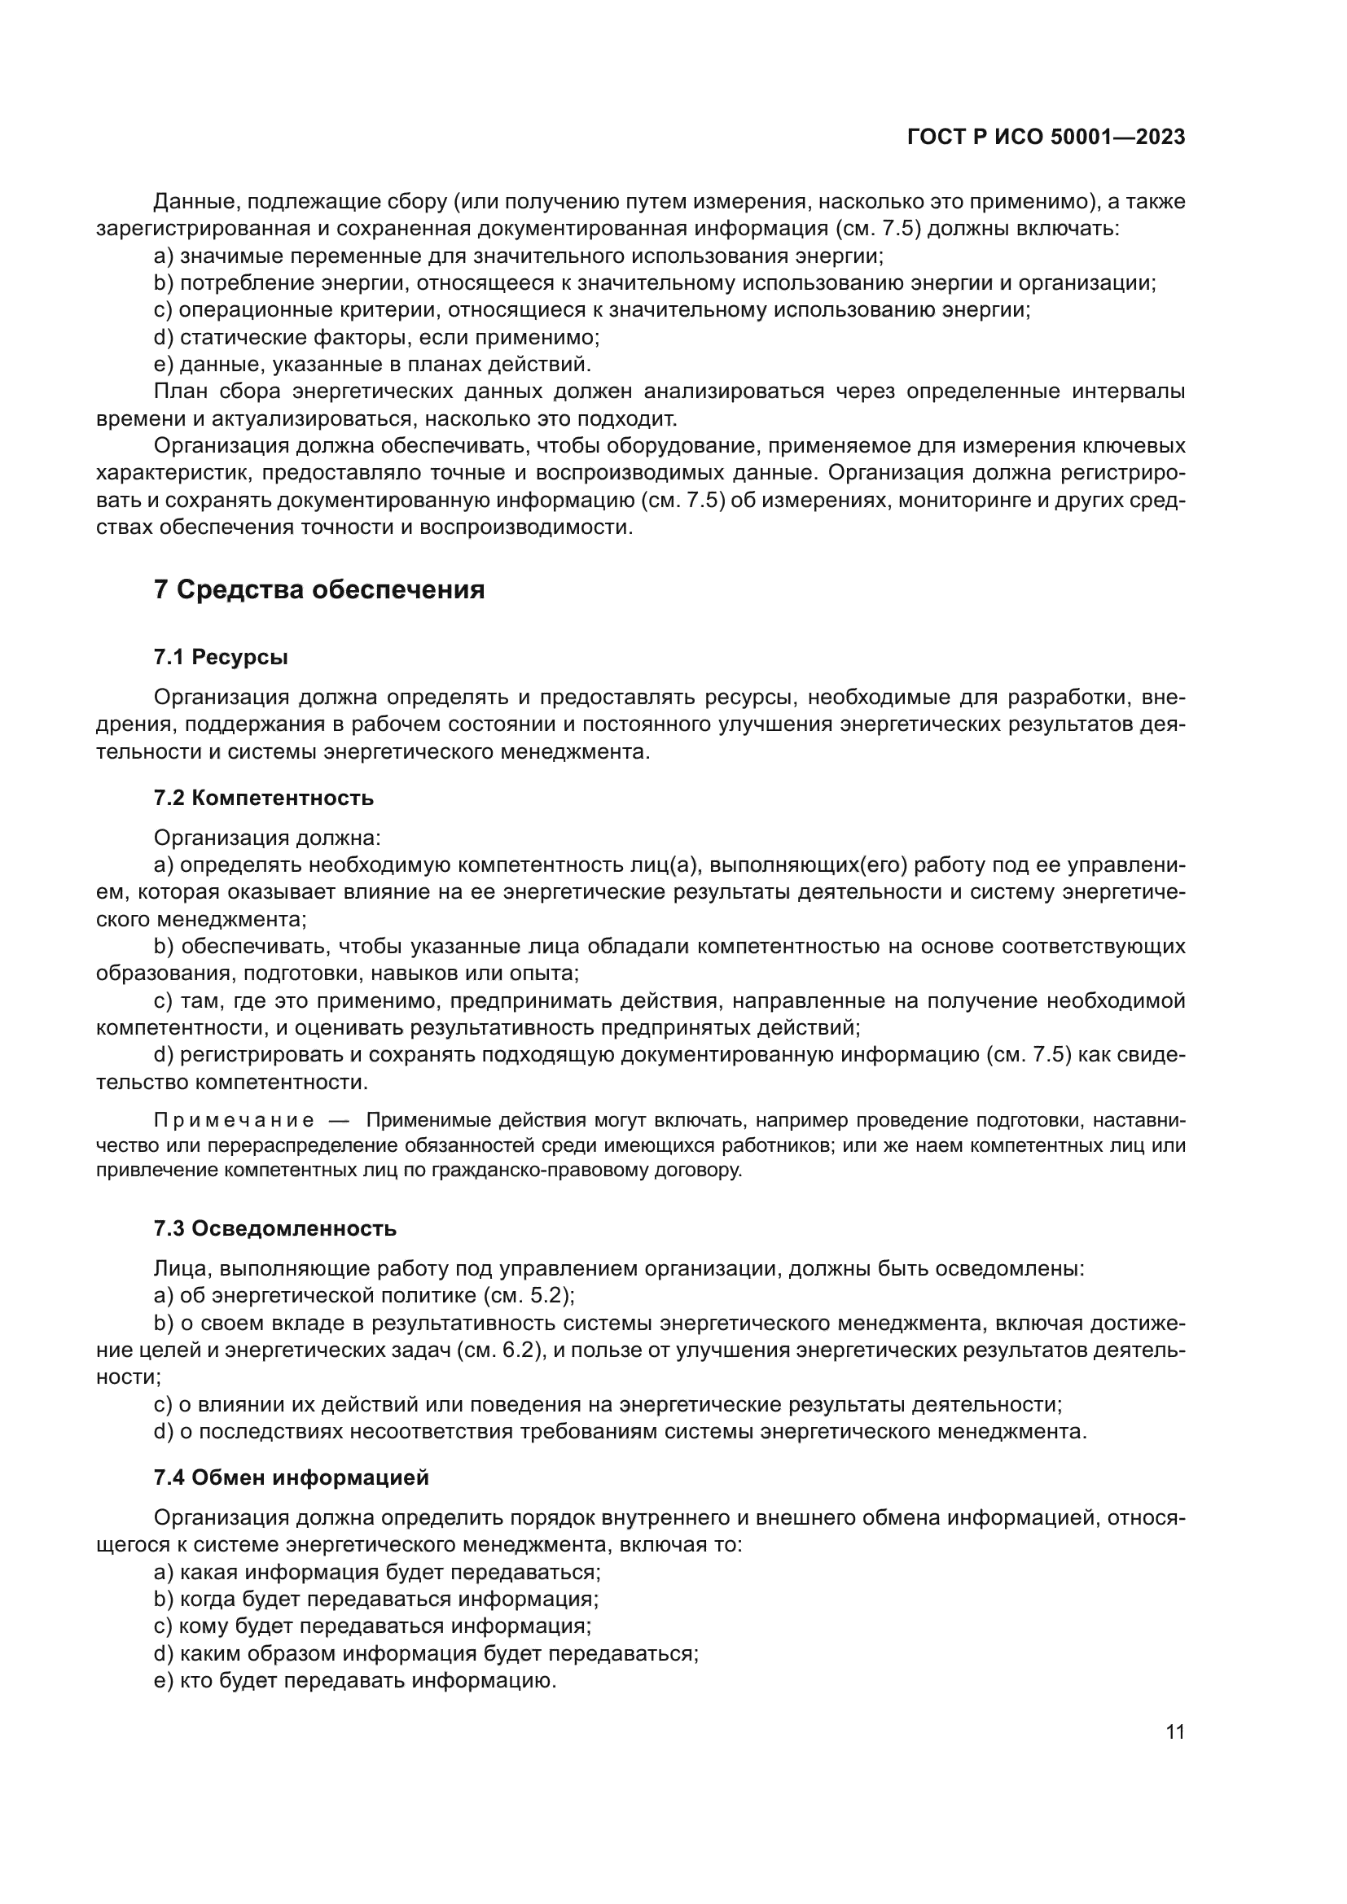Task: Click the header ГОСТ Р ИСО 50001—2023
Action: [x=1046, y=138]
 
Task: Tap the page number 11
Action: [x=1174, y=1731]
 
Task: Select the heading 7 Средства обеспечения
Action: [x=319, y=590]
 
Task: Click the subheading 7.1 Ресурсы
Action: [x=221, y=658]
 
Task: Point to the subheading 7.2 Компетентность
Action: [x=264, y=798]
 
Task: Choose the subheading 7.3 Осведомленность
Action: [x=274, y=1228]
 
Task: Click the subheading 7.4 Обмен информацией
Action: [x=291, y=1477]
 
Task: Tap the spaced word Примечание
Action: [x=235, y=1121]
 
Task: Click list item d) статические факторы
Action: [x=376, y=338]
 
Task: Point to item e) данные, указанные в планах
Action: [x=372, y=364]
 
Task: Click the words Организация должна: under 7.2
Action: [x=267, y=838]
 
